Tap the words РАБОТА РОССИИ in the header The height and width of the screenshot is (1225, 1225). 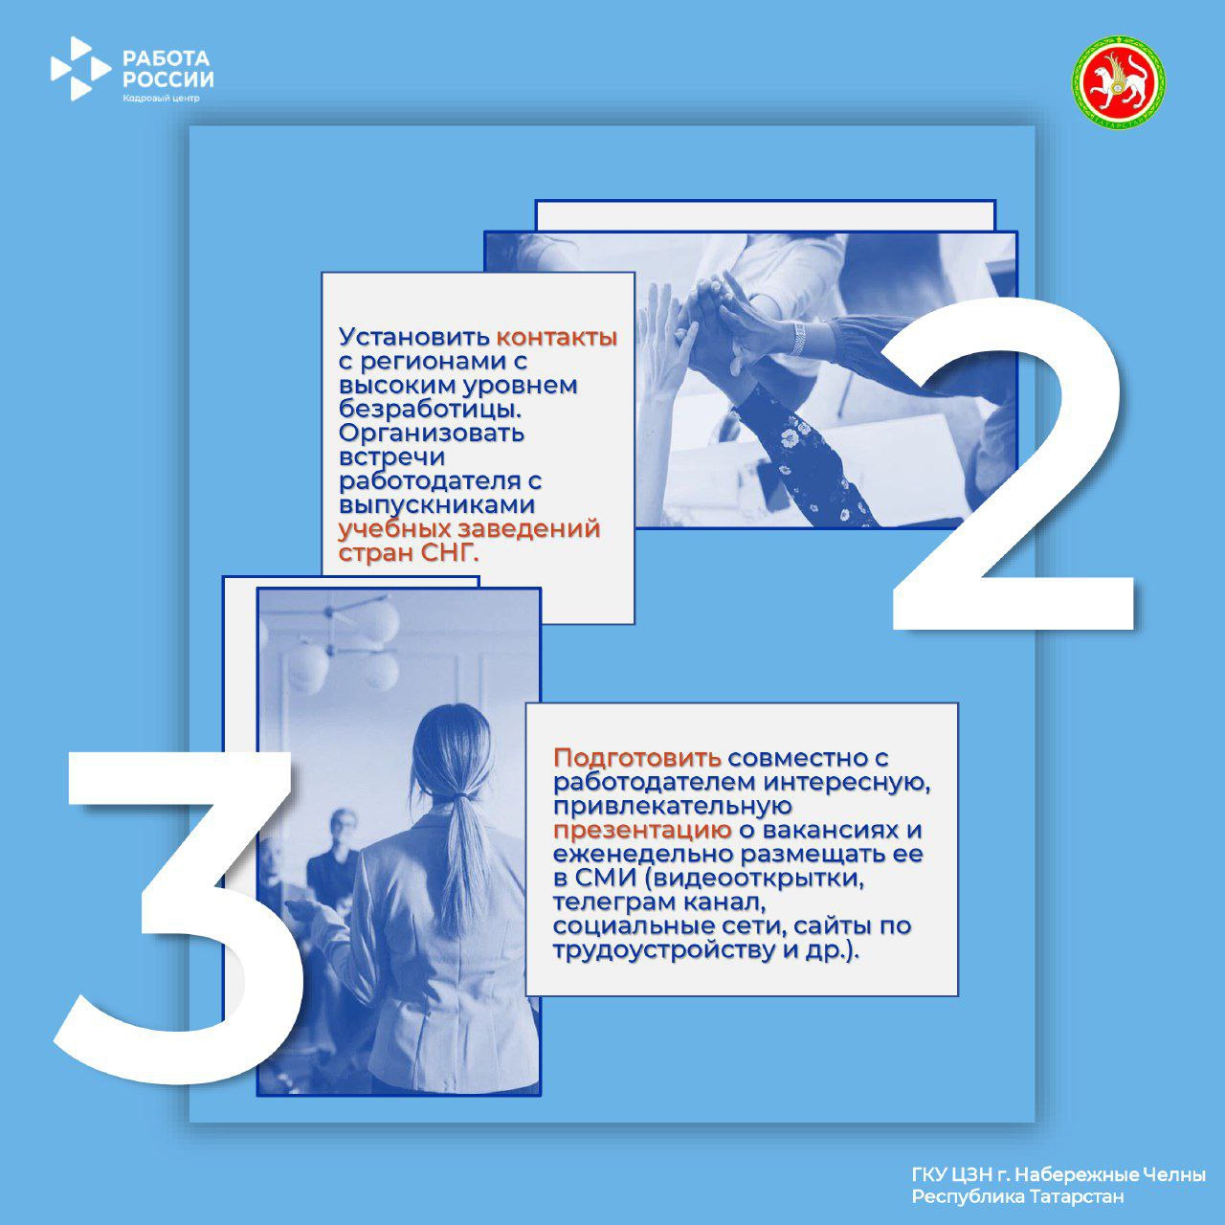click(x=167, y=69)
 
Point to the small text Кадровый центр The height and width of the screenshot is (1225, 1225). click(x=161, y=98)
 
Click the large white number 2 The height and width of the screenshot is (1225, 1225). click(x=1012, y=464)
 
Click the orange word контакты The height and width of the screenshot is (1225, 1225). click(x=557, y=337)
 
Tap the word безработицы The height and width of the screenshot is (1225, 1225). click(x=430, y=410)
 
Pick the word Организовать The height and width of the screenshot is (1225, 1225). click(x=432, y=434)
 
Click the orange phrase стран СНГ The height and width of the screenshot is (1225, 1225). click(x=408, y=553)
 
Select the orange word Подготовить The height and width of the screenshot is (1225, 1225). click(x=637, y=758)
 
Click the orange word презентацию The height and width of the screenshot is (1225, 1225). click(x=642, y=832)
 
